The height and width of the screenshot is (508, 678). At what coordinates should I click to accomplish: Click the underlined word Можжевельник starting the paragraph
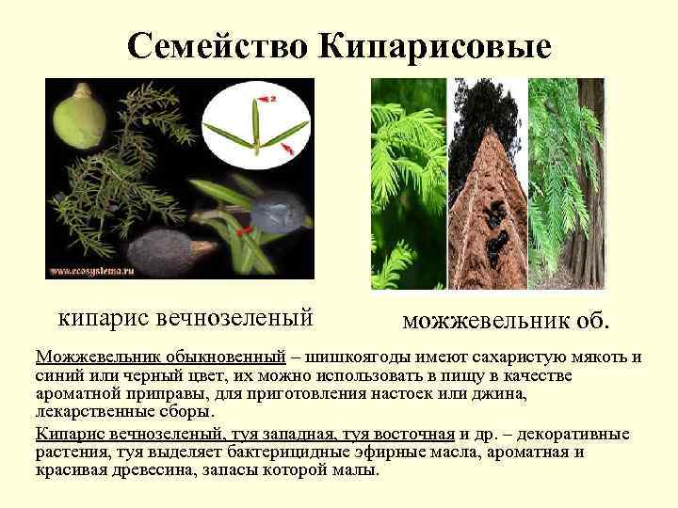coord(95,358)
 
